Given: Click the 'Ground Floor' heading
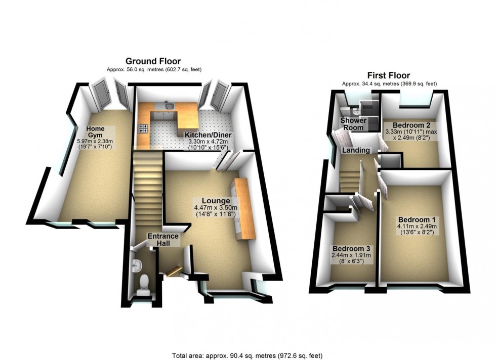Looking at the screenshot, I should click(153, 61).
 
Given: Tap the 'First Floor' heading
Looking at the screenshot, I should click(389, 76).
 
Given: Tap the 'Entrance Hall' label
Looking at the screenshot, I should click(163, 239).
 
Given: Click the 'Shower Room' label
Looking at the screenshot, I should click(353, 124).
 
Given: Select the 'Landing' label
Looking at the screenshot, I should click(356, 150).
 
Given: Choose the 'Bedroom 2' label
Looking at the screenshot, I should click(403, 124).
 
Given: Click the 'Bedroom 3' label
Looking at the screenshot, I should click(351, 248).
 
